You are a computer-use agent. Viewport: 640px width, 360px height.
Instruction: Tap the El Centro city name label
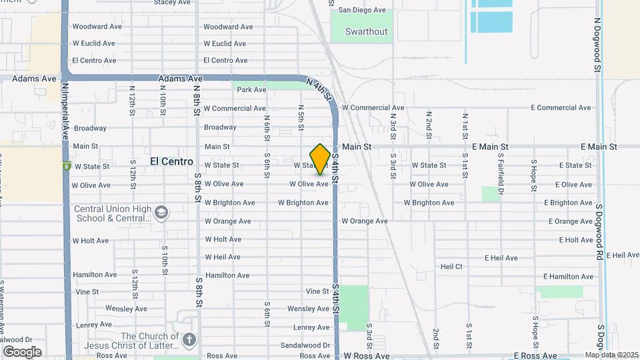point(171,161)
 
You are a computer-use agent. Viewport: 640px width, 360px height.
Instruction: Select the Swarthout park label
point(366,31)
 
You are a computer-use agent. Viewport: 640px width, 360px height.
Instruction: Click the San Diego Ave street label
point(362,10)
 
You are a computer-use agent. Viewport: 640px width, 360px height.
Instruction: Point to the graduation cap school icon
point(161,213)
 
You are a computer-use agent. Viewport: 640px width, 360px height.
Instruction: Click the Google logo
point(21,352)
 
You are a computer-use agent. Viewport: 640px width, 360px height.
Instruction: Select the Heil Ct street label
point(451,267)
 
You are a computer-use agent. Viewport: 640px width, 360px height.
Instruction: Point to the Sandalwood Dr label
point(305,345)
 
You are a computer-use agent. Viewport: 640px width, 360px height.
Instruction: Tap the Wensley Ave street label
point(309,309)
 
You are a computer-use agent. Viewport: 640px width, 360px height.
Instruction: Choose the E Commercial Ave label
point(561,108)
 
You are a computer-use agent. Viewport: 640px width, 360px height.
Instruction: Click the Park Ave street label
point(251,89)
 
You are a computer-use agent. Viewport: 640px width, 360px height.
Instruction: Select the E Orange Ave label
point(570,221)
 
